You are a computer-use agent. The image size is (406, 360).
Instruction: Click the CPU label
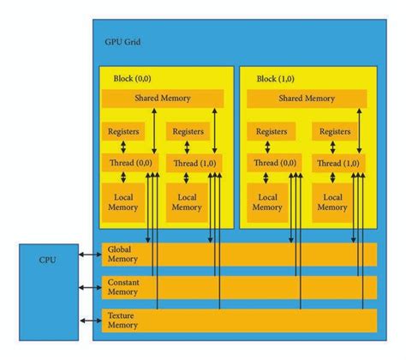coord(47,260)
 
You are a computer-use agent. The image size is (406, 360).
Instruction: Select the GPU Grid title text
coord(122,42)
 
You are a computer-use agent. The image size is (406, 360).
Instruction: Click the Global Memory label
coord(122,254)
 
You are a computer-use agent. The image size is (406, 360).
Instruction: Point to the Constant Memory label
coord(123,287)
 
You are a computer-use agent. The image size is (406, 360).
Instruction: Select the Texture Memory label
coord(122,321)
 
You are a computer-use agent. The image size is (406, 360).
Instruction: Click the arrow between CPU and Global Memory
coord(90,255)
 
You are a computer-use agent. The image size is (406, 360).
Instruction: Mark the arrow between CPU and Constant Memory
coord(90,287)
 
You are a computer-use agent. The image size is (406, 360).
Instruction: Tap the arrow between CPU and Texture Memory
coord(91,321)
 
